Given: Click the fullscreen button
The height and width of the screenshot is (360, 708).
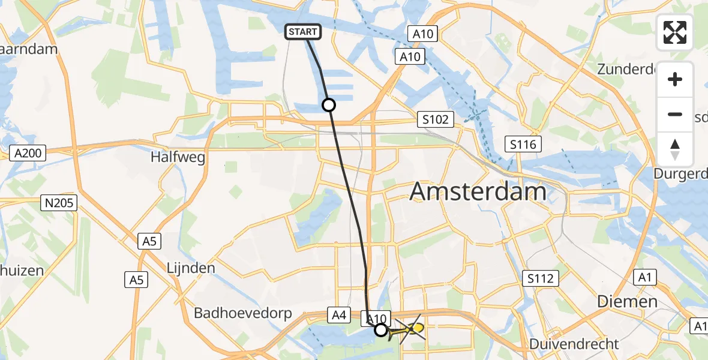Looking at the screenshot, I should click(675, 32).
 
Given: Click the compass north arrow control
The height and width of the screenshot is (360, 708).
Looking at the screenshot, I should click(675, 149).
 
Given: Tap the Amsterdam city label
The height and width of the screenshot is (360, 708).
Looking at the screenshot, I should click(478, 193).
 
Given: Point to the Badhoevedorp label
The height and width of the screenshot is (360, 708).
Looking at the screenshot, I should click(242, 313).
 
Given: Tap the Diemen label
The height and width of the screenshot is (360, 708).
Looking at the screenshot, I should click(626, 301).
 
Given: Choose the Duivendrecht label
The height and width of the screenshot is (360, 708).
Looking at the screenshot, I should click(574, 344).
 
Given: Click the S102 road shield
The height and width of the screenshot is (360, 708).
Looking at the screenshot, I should click(435, 119).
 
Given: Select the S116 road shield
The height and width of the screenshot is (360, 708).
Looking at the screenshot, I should click(523, 144).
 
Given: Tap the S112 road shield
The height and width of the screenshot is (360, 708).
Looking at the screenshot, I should click(540, 278).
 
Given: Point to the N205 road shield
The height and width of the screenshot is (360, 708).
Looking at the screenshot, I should click(59, 203).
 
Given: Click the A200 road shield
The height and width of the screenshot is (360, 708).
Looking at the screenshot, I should click(28, 154).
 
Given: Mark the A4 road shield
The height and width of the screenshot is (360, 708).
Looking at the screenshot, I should click(337, 313).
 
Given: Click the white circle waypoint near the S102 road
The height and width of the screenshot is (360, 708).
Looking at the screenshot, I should click(329, 105).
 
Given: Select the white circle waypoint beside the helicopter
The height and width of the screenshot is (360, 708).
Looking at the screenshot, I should click(381, 329).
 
